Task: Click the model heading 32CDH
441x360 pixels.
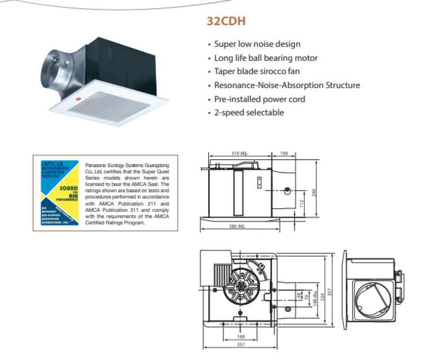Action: [x=226, y=21]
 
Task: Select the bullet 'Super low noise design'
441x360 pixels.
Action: [x=257, y=44]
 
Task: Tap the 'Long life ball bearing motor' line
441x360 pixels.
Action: [x=265, y=58]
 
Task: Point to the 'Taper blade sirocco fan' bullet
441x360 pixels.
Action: [x=257, y=71]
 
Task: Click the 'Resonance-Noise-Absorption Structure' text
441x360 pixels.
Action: [x=287, y=85]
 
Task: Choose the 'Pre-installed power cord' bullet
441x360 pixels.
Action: [x=259, y=99]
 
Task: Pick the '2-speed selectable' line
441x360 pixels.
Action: [x=249, y=112]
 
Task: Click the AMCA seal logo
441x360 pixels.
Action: [x=59, y=192]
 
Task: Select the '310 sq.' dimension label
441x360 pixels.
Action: [x=239, y=153]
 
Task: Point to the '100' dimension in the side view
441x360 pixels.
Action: [x=284, y=153]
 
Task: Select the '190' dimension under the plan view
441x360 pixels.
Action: [x=241, y=336]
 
